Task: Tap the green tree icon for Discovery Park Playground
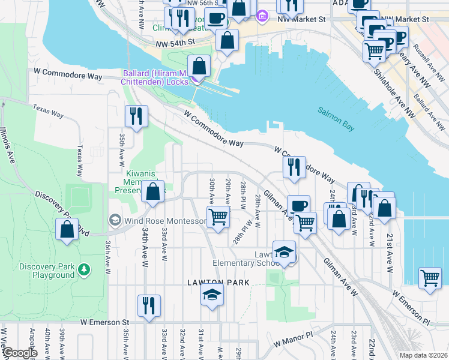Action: point(85,268)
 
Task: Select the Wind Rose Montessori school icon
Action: point(113,220)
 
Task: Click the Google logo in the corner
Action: point(19,353)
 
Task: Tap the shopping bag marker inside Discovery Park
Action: point(67,229)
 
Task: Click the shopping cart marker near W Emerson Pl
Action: point(430,278)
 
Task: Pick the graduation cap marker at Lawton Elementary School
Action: point(284,251)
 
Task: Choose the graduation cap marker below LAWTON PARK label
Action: point(212,294)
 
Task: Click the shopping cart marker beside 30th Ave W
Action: point(218,217)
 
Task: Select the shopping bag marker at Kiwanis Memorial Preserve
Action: point(152,192)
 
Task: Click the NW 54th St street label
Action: point(175,42)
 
